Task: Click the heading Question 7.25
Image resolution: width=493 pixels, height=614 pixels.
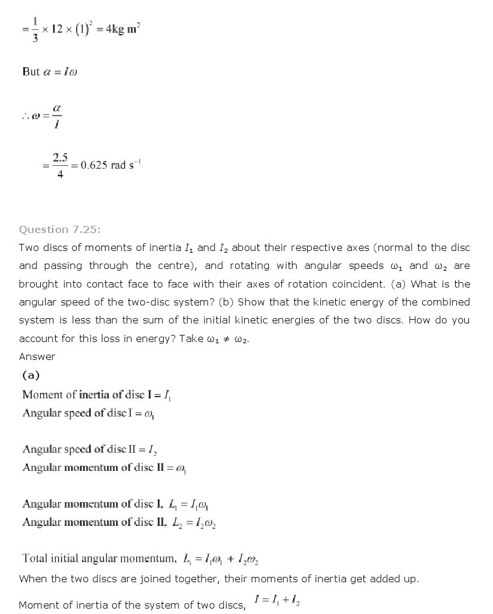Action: [60, 229]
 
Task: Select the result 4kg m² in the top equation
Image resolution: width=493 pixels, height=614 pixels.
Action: [122, 30]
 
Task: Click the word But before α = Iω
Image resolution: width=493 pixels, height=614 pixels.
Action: [31, 72]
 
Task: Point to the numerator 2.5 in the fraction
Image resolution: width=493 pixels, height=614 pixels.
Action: [60, 158]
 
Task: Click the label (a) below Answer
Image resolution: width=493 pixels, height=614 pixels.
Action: [31, 376]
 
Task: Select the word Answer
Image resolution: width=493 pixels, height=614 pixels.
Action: [37, 357]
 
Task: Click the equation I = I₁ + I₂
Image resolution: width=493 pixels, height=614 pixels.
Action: [276, 600]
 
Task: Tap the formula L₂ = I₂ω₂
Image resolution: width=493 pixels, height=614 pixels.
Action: [193, 523]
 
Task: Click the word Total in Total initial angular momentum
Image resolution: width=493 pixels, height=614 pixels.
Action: [35, 558]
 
